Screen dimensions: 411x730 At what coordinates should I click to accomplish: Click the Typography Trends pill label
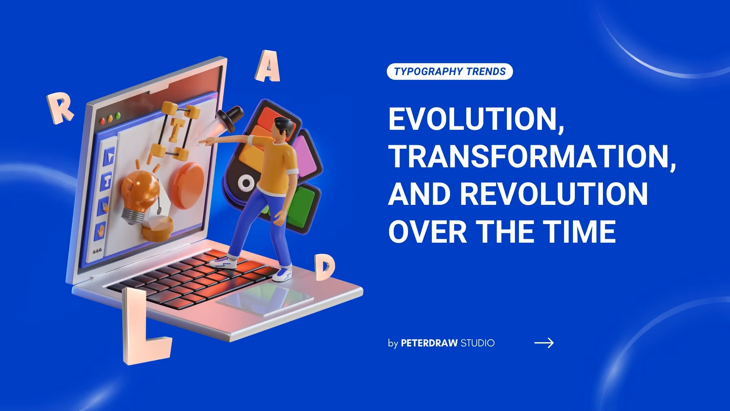[x=450, y=71]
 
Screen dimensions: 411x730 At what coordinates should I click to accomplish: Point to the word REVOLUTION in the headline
[x=554, y=194]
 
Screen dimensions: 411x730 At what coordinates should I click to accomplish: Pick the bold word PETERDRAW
[x=429, y=343]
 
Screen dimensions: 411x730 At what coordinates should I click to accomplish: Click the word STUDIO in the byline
[x=477, y=343]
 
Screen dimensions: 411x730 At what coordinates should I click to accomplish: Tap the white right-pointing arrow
[x=544, y=343]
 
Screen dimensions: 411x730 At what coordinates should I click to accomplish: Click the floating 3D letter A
[x=268, y=67]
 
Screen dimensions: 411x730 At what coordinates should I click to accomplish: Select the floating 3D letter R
[x=60, y=108]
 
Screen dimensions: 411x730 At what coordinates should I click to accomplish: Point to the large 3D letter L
[x=143, y=326]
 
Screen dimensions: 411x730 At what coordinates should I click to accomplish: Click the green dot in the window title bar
[x=118, y=115]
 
